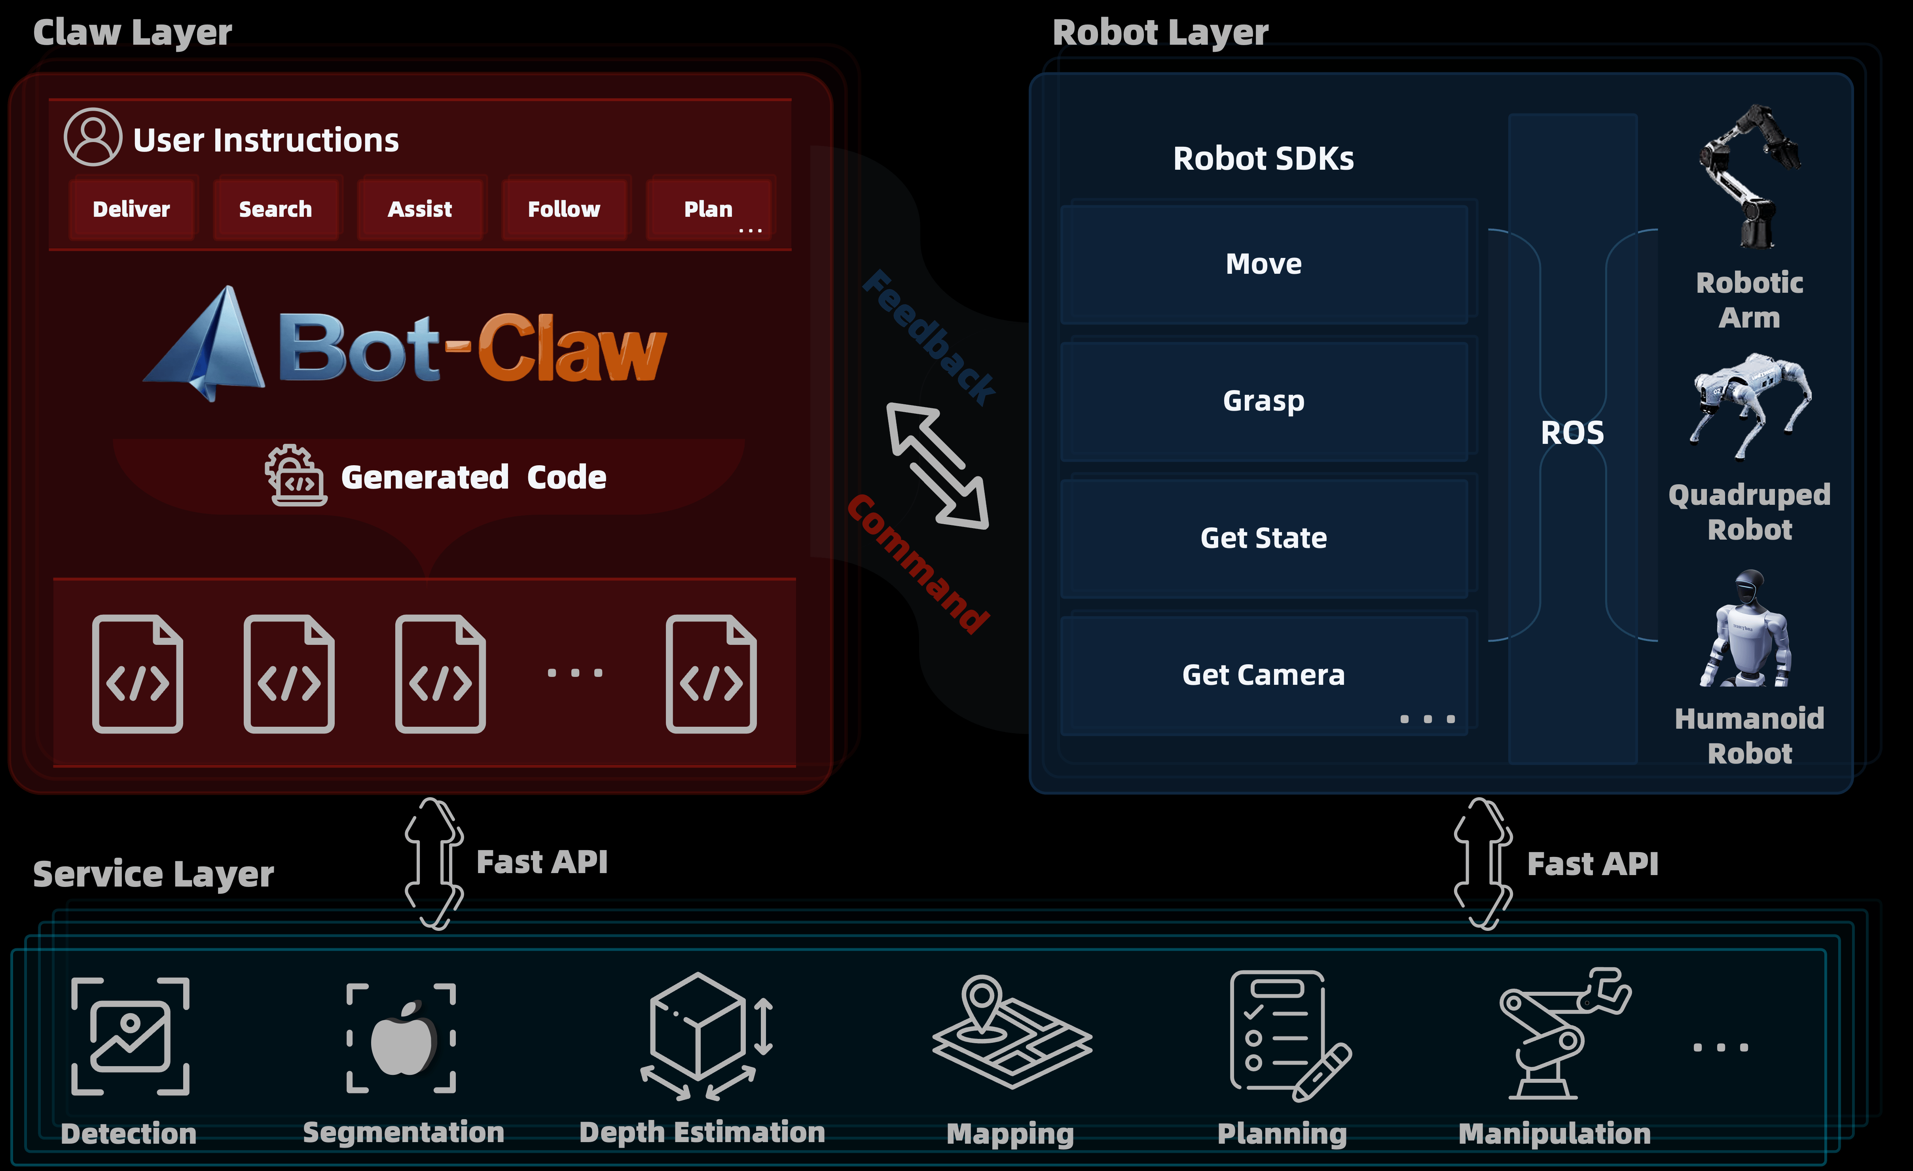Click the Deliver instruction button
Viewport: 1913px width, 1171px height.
pos(131,209)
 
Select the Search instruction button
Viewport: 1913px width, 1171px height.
pos(276,209)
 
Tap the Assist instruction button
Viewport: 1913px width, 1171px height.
pos(420,209)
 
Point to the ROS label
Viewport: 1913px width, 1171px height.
pos(1572,432)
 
